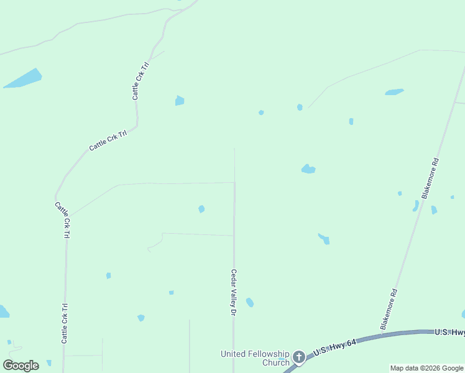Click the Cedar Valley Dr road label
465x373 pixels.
[234, 292]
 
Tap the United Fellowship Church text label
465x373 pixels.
[255, 358]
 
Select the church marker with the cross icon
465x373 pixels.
[299, 357]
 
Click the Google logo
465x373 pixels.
[21, 366]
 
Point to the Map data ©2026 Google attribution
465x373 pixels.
[426, 368]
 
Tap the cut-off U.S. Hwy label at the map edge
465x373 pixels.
[449, 333]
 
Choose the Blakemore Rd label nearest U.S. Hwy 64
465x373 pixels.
[389, 308]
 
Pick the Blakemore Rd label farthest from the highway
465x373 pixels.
[430, 178]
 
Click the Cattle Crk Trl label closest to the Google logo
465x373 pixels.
[64, 323]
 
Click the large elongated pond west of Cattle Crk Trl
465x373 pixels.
[24, 78]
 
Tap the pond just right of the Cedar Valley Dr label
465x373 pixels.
[249, 302]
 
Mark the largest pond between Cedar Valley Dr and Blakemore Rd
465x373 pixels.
[308, 168]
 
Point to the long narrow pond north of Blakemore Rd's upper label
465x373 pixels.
[394, 92]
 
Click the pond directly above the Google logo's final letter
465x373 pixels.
[48, 362]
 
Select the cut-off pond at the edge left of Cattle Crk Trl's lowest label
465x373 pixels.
[3, 311]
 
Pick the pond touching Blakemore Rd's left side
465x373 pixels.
[415, 206]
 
